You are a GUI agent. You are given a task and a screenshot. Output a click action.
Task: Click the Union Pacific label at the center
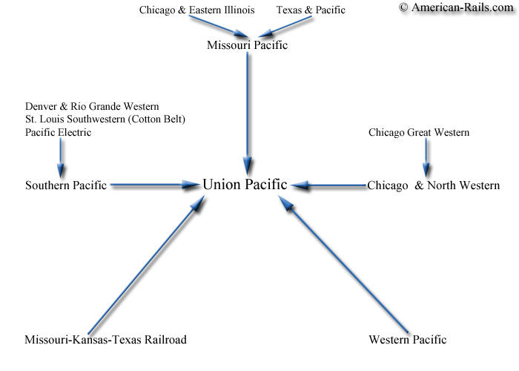(245, 185)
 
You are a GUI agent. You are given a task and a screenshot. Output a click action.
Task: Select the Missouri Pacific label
(247, 45)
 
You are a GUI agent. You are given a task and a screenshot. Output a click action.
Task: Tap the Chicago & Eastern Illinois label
(197, 10)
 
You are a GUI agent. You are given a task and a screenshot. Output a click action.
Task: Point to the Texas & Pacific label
(311, 10)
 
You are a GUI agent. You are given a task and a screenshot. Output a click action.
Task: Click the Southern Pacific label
(66, 185)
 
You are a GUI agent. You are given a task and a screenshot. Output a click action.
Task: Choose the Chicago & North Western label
(434, 185)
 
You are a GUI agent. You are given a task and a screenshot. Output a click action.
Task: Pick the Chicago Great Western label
(419, 133)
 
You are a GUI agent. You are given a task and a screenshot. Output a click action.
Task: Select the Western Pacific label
(408, 340)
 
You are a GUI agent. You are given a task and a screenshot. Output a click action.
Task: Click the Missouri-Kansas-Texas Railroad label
(105, 340)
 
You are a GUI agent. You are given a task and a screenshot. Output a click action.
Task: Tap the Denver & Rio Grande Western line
(92, 106)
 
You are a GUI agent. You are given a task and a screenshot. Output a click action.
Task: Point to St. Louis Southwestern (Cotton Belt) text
(105, 119)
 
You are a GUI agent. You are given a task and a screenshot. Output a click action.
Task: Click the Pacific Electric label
(59, 133)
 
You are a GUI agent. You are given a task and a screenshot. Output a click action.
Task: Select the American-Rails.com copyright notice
(456, 7)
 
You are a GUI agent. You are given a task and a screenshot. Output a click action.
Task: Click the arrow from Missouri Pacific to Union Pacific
(247, 114)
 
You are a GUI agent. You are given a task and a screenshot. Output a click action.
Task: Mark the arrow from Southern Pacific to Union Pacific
(155, 185)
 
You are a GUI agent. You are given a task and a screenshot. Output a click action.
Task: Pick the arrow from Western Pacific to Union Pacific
(343, 263)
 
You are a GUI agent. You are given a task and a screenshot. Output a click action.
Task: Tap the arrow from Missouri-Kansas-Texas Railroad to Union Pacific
(146, 265)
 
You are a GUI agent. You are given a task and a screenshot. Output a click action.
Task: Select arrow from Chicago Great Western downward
(426, 157)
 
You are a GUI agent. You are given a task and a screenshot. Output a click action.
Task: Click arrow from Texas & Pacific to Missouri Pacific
(285, 27)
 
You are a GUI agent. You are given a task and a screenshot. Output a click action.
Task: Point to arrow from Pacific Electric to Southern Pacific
(60, 158)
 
